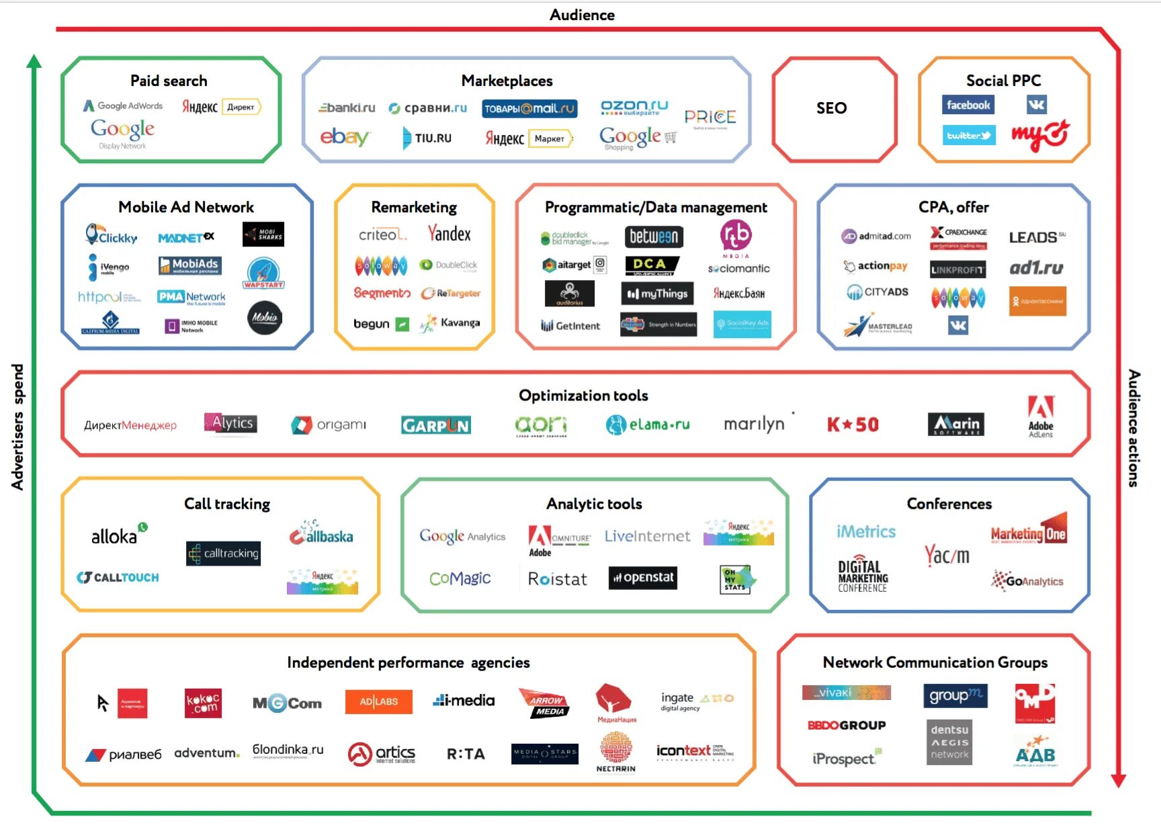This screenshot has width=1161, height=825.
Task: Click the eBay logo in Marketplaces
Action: (345, 137)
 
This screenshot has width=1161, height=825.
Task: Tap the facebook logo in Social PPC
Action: (968, 105)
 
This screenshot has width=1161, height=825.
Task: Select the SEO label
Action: (831, 108)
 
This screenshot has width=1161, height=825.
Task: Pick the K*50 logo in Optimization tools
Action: (853, 425)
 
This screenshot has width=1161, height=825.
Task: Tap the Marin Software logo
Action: (955, 424)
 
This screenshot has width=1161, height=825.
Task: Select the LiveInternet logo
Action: (647, 536)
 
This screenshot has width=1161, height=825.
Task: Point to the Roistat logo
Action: (557, 578)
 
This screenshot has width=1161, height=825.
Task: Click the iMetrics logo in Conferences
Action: (866, 532)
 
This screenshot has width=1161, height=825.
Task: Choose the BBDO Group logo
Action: (847, 725)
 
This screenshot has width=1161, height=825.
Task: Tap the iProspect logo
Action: (845, 758)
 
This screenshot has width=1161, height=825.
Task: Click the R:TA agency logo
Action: (466, 754)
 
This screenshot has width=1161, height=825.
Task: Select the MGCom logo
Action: (287, 703)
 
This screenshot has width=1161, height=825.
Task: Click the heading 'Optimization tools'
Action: (583, 396)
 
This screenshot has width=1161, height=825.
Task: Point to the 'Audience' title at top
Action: (582, 15)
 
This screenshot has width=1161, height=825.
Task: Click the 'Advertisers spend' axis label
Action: (17, 427)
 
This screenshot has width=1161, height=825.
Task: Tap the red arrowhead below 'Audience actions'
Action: (1118, 780)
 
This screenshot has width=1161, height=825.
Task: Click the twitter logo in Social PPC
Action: (968, 136)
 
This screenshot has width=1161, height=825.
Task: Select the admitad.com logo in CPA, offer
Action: (876, 236)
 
